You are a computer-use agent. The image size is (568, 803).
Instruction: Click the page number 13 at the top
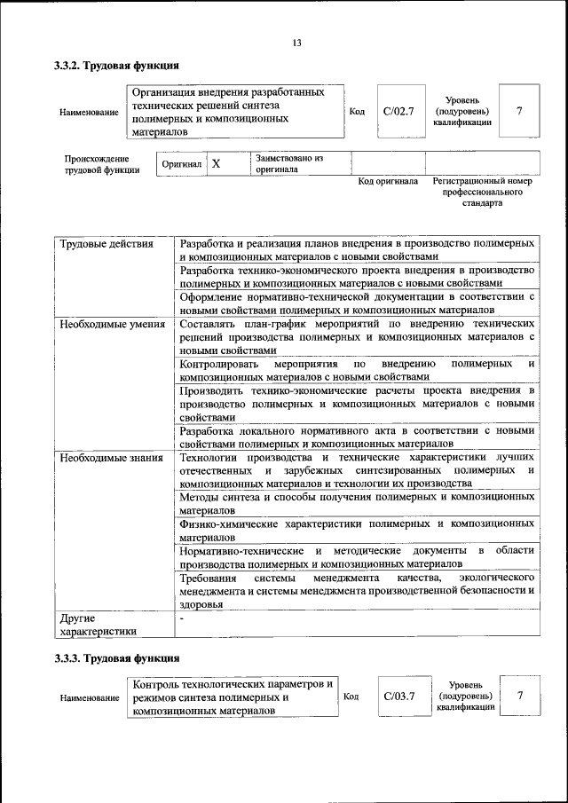click(296, 43)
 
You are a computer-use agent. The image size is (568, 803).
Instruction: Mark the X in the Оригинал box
click(216, 164)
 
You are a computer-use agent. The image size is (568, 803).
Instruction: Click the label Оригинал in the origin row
click(183, 165)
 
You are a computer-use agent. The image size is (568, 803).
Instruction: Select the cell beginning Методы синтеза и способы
click(356, 505)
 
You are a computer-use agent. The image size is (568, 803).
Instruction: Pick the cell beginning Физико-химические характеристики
click(356, 531)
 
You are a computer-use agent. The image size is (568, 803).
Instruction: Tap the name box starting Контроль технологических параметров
click(233, 697)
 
